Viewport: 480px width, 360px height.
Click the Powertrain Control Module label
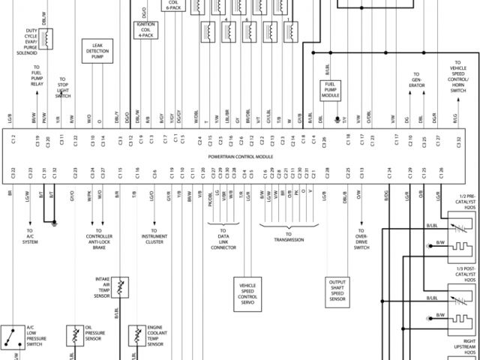(x=241, y=157)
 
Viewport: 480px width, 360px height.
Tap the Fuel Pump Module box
(x=330, y=91)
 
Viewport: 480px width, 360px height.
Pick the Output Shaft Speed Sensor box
(x=337, y=289)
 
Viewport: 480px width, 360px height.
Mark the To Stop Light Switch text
(x=62, y=88)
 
